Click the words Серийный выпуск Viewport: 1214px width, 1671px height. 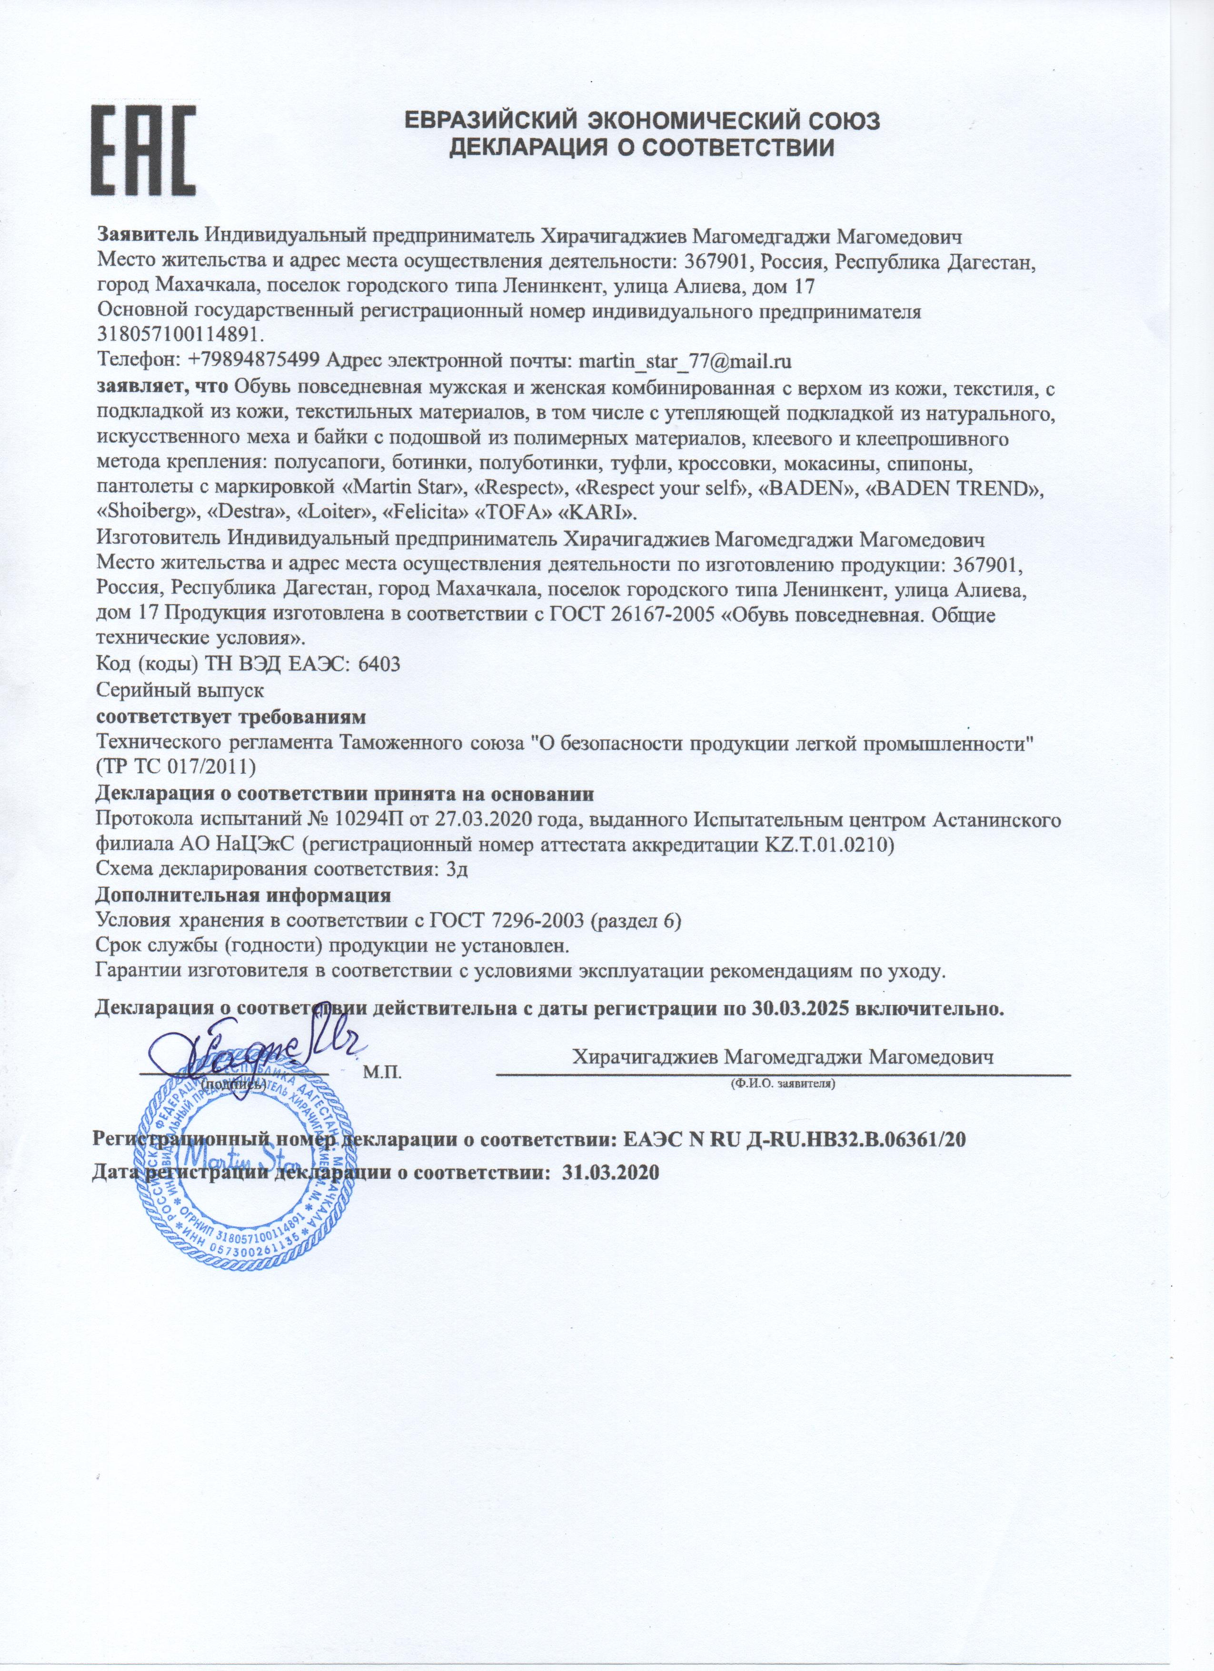(x=180, y=690)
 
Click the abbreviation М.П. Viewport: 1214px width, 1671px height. (x=382, y=1071)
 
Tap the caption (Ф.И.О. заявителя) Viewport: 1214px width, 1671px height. (x=782, y=1084)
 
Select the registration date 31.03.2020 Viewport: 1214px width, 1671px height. (x=608, y=1172)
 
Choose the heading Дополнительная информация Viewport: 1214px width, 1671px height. (x=243, y=896)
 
